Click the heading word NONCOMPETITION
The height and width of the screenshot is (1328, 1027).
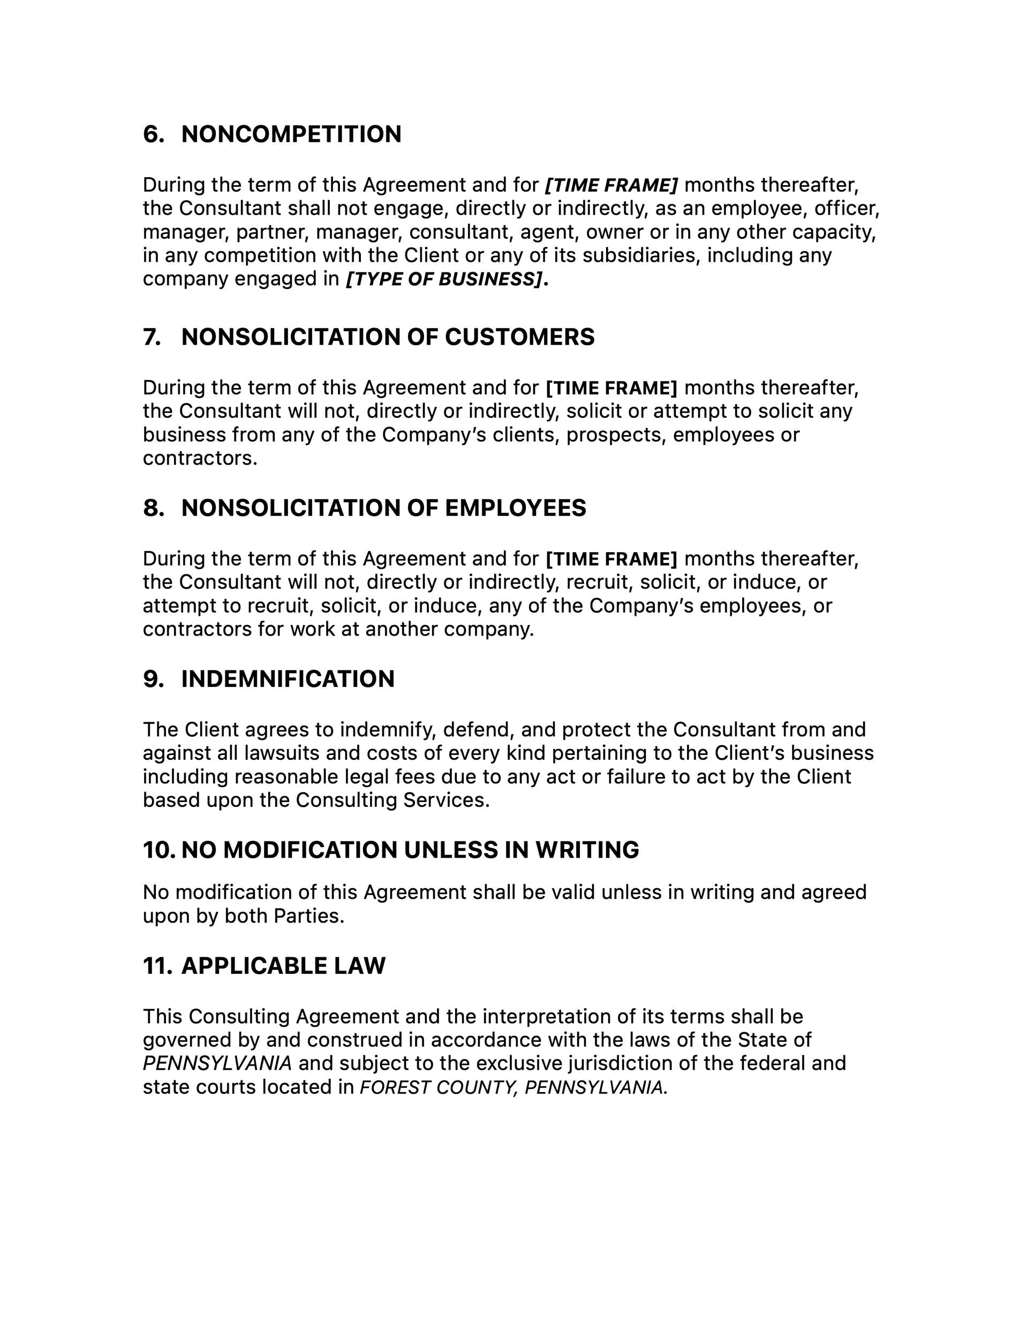click(291, 134)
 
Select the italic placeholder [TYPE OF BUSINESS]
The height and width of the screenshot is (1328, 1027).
click(443, 279)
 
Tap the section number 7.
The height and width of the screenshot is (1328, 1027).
click(152, 337)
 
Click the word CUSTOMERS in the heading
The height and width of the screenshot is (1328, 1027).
click(519, 337)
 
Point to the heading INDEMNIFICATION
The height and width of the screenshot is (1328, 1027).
click(288, 678)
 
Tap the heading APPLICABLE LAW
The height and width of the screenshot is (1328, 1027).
click(283, 966)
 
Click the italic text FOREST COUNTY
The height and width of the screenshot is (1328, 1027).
click(438, 1087)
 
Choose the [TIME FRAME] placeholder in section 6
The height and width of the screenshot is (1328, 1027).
click(611, 185)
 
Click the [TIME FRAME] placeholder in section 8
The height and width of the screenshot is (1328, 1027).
click(611, 559)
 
